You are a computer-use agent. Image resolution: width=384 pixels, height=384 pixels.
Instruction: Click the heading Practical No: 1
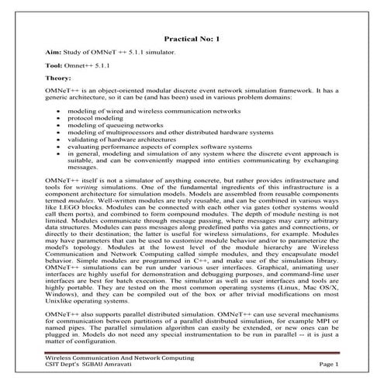click(x=192, y=36)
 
